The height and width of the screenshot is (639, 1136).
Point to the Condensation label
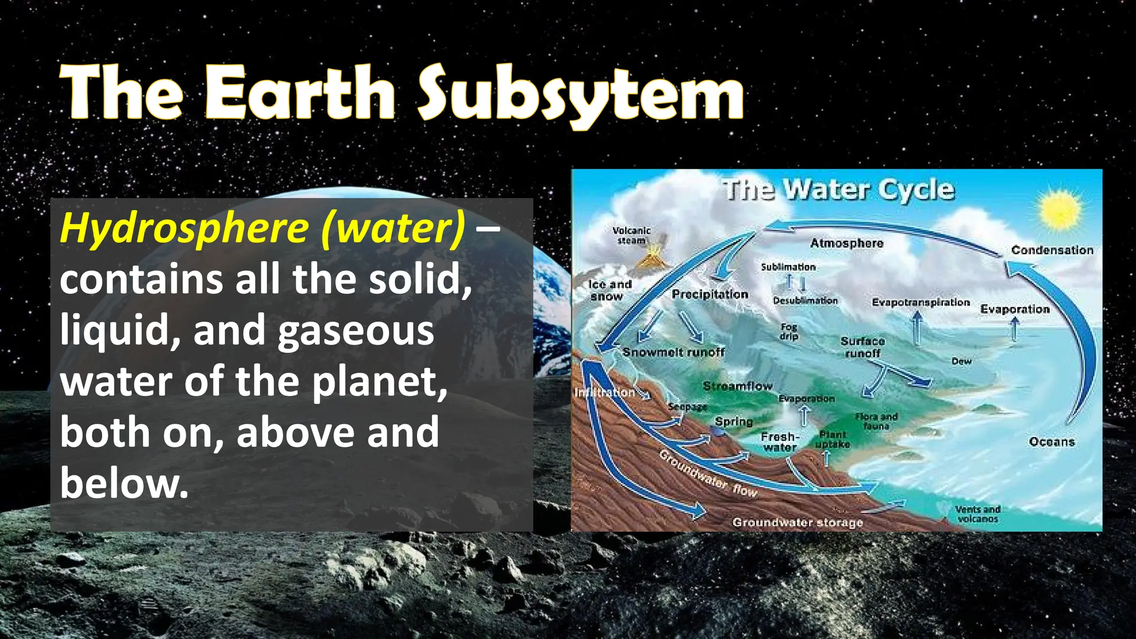tap(1052, 250)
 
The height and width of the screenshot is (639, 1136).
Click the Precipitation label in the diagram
tap(710, 294)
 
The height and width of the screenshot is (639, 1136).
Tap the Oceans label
tap(1052, 442)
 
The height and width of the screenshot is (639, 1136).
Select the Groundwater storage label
tap(798, 523)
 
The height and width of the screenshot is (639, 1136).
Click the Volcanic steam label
tap(631, 235)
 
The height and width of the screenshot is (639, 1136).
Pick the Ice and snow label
tap(610, 290)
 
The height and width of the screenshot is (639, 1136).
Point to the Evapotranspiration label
tap(921, 302)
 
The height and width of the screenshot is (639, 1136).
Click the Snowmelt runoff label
tap(673, 352)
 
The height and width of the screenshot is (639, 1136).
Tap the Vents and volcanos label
tap(977, 514)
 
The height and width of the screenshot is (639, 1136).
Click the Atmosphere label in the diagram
tap(846, 243)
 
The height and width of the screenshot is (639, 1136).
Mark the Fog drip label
tap(789, 331)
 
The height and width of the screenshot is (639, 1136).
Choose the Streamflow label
tap(737, 386)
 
